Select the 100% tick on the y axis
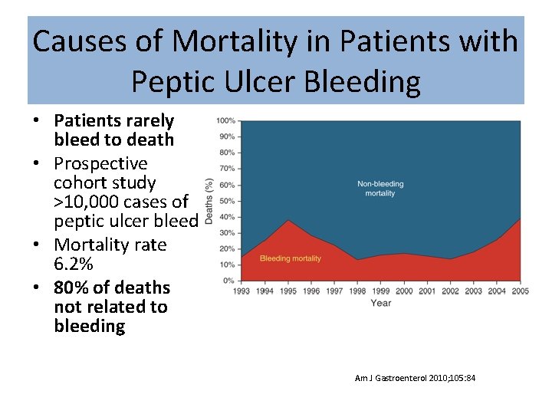225,121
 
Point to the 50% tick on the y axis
227,201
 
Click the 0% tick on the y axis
229,281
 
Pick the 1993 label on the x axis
242,291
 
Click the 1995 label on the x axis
288,291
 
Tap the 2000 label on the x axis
404,291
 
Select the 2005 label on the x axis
520,291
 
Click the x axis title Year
380,303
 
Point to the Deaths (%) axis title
209,202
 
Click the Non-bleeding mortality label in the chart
380,189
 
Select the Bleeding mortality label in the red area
291,258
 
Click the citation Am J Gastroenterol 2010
415,378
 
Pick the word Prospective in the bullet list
100,163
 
